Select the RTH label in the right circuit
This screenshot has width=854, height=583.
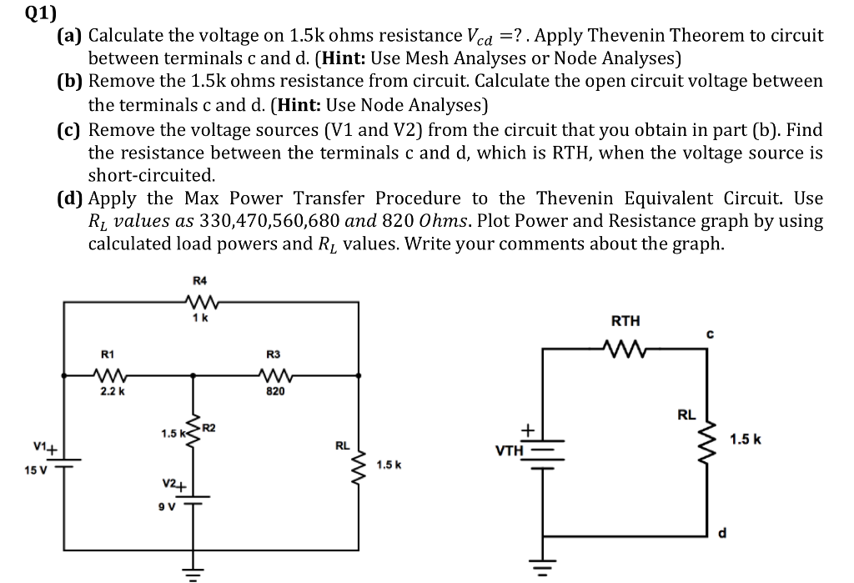click(x=626, y=320)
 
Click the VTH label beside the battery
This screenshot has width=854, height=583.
click(x=510, y=451)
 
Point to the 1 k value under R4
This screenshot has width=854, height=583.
click(x=198, y=317)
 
